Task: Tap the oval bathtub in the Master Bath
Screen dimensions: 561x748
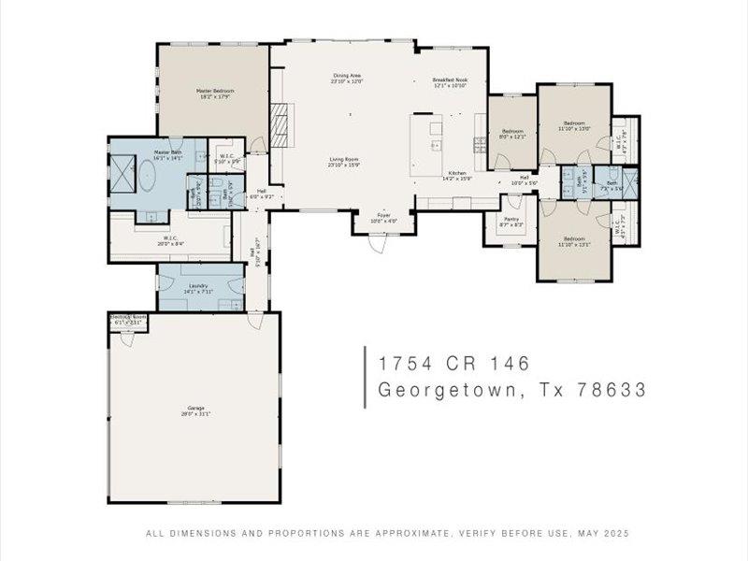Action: [x=149, y=179]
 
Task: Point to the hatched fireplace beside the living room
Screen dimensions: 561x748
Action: [x=277, y=122]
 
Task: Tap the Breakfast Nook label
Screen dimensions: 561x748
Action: [x=449, y=81]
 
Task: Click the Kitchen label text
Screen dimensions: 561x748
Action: [x=457, y=174]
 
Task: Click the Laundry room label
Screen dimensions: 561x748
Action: [x=197, y=287]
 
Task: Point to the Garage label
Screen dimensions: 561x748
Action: [x=195, y=410]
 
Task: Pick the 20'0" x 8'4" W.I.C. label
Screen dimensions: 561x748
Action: [x=170, y=240]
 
